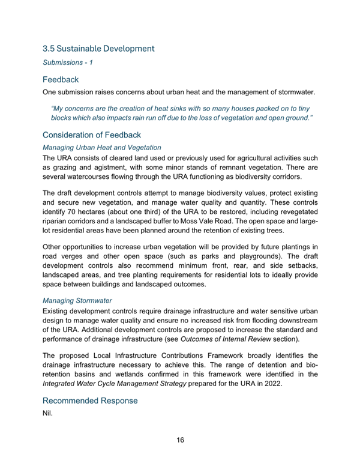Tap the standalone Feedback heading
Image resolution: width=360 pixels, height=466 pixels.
point(62,79)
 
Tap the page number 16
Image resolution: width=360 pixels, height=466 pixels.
point(180,440)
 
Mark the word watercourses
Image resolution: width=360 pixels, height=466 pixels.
point(93,178)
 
